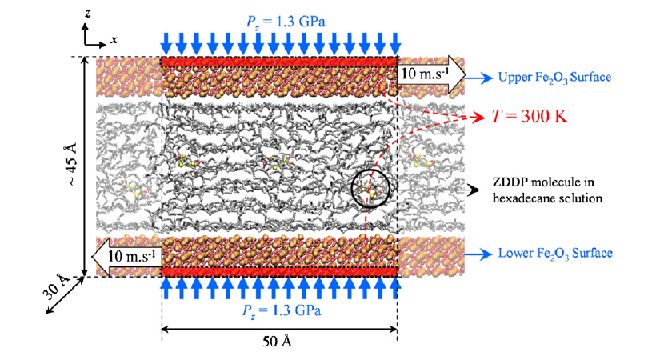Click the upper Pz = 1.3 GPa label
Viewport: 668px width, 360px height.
click(286, 22)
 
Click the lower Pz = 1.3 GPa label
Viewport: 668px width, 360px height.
click(282, 311)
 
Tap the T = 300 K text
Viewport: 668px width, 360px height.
click(530, 116)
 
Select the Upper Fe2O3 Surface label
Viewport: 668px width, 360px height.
click(554, 78)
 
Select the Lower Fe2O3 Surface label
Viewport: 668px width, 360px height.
click(555, 254)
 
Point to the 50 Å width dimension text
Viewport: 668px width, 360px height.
click(277, 342)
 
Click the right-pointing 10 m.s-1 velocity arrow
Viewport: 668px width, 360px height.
click(430, 74)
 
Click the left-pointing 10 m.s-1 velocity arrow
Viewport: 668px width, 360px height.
click(127, 257)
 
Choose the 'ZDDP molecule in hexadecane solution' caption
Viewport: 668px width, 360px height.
click(547, 190)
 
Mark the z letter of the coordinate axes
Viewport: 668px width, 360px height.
click(88, 14)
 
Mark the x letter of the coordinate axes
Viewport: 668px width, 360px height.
click(114, 41)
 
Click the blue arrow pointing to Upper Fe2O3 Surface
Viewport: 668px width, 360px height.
click(480, 78)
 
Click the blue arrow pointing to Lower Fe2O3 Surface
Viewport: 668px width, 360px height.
click(479, 254)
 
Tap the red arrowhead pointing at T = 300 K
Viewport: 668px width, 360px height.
click(481, 116)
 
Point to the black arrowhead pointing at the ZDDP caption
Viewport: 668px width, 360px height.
click(474, 190)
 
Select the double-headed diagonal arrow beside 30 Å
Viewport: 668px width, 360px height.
click(65, 295)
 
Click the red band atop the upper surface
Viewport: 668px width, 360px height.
click(279, 62)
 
